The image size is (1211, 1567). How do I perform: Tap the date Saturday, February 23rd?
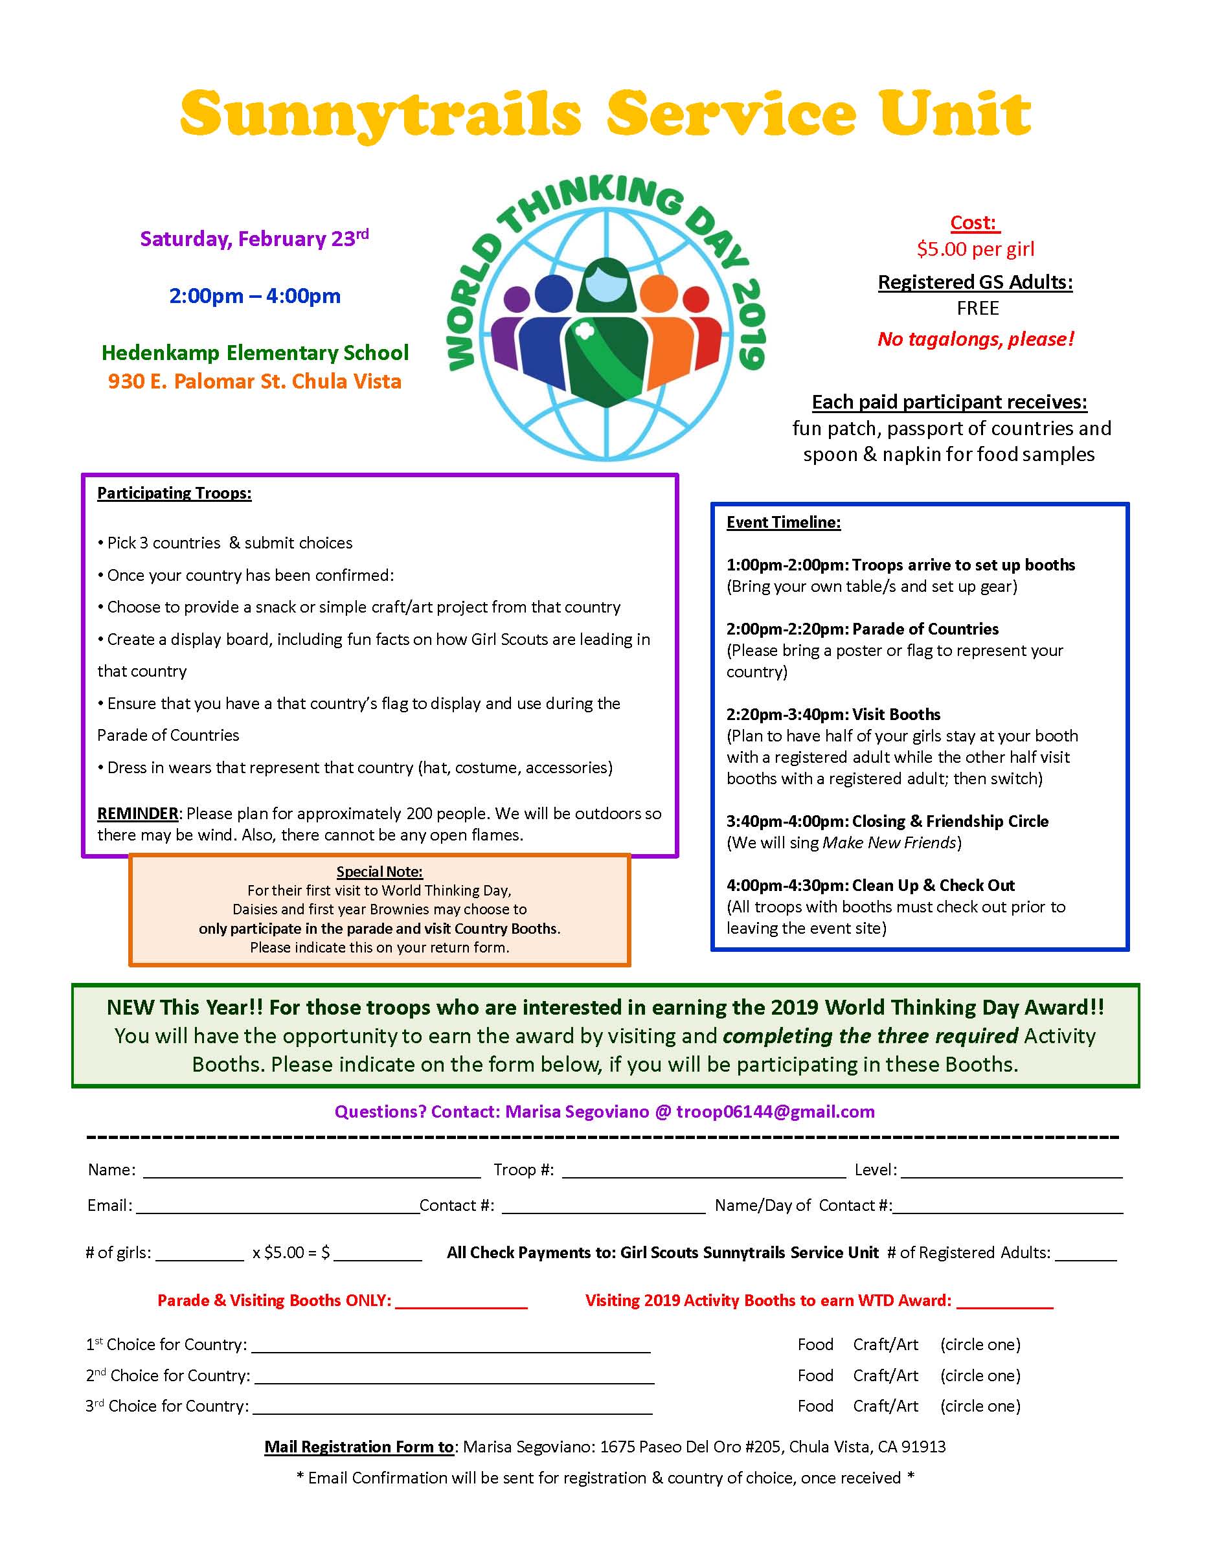254,238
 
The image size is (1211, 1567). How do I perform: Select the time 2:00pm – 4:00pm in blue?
255,296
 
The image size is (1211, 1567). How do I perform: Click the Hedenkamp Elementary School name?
255,352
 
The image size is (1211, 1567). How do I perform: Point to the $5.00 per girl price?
976,249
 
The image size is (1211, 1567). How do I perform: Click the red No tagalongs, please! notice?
976,339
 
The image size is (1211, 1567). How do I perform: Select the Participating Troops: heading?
174,493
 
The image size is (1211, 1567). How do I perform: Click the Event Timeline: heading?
784,523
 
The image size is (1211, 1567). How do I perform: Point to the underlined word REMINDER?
138,814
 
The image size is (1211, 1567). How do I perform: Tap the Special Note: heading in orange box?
379,872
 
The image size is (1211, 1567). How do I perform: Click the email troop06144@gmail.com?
775,1111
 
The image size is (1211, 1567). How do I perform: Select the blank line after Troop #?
703,1171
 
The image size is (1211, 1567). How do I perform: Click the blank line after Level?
1012,1171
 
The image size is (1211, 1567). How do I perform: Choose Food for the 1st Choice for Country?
815,1345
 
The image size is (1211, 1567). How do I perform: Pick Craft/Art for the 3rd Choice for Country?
885,1406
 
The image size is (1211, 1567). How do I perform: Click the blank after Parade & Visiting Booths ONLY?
460,1302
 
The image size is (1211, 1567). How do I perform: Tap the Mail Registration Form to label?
359,1447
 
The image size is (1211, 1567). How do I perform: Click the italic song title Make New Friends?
890,842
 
